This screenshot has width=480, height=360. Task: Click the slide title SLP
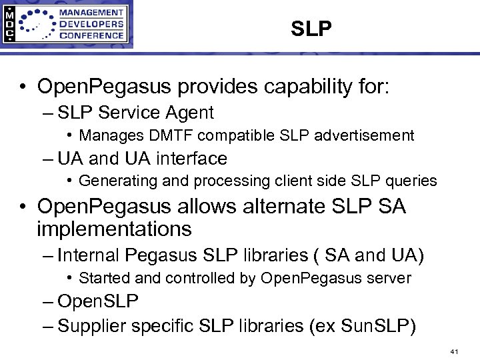pos(311,29)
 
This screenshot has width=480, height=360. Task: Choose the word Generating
pos(114,181)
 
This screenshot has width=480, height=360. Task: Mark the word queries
pos(412,181)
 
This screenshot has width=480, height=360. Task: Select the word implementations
pos(114,229)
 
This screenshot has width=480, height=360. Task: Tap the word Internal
pos(88,255)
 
